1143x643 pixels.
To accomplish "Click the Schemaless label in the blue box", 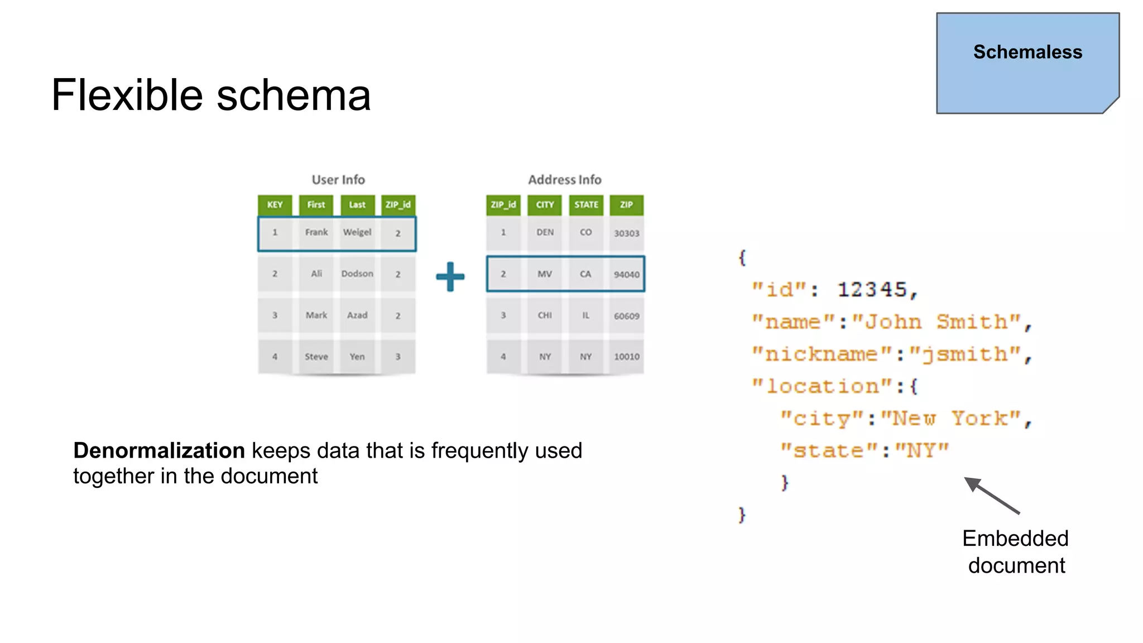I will (x=1027, y=52).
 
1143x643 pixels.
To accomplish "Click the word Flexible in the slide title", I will (x=126, y=95).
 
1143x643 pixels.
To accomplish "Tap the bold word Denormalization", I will (x=159, y=450).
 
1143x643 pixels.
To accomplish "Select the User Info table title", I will (x=338, y=180).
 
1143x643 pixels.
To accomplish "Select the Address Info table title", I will (x=564, y=180).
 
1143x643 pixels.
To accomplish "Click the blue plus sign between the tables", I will (x=450, y=277).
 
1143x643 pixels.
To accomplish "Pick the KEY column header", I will (x=275, y=205).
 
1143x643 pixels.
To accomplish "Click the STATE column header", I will (x=585, y=205).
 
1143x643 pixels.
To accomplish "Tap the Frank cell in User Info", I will (x=316, y=232).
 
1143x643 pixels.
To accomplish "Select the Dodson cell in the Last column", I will (x=357, y=273).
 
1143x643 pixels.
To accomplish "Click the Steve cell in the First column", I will (x=316, y=357).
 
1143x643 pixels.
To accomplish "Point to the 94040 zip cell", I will (x=626, y=275).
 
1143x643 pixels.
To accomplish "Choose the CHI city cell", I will (x=545, y=315).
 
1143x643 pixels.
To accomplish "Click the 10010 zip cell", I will (x=626, y=357).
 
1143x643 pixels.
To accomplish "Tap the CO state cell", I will (x=585, y=232).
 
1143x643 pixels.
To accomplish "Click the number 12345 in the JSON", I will (x=872, y=290).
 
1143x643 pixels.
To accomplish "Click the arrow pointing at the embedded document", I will (x=992, y=496).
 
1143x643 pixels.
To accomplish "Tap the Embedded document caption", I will (x=1016, y=551).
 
